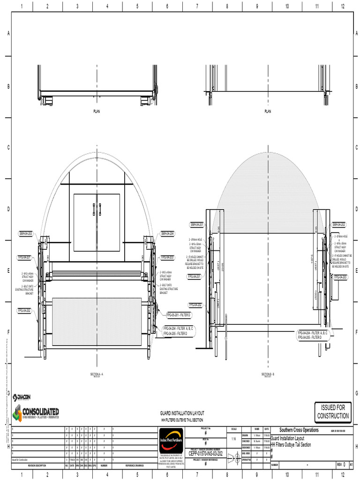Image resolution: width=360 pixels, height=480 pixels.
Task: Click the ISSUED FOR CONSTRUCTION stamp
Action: click(333, 412)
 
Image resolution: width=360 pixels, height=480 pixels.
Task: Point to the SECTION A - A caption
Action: click(97, 374)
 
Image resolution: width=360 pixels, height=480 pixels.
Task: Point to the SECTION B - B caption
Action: click(268, 374)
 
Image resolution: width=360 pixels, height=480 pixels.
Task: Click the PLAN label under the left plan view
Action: click(97, 112)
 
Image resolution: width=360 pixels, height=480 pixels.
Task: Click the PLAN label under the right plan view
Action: click(268, 112)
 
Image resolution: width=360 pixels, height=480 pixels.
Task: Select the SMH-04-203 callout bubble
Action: click(25, 233)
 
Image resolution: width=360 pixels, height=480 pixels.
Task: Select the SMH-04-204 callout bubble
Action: click(167, 233)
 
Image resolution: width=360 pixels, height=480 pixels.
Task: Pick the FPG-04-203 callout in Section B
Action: click(341, 277)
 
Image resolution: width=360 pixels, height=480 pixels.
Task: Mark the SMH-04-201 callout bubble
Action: click(197, 225)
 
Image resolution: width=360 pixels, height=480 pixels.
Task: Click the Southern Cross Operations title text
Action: click(299, 430)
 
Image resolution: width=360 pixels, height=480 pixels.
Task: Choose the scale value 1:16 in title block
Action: click(233, 439)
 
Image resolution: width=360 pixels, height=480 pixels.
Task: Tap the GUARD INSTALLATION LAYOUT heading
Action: click(182, 413)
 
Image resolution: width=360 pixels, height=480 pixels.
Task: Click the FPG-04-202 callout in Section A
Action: click(25, 310)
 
